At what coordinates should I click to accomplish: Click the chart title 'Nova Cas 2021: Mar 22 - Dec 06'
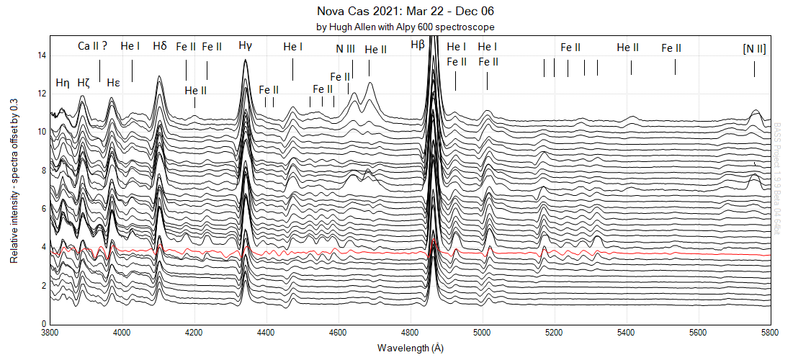[x=405, y=12]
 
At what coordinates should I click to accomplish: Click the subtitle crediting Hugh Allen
[x=405, y=27]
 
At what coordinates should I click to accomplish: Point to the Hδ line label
[x=160, y=46]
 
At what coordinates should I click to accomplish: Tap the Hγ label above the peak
[x=246, y=46]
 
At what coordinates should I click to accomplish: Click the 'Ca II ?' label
[x=93, y=46]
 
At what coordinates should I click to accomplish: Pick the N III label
[x=345, y=49]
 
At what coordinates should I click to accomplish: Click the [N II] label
[x=754, y=48]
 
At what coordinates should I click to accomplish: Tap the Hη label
[x=63, y=82]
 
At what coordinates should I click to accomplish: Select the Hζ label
[x=84, y=82]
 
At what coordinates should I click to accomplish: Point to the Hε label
[x=113, y=82]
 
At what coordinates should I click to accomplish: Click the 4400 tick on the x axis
[x=266, y=333]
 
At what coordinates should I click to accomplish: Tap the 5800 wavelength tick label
[x=770, y=333]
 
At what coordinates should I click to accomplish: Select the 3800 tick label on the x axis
[x=50, y=333]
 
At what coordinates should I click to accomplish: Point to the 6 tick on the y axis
[x=44, y=209]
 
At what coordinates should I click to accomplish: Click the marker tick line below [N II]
[x=754, y=69]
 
